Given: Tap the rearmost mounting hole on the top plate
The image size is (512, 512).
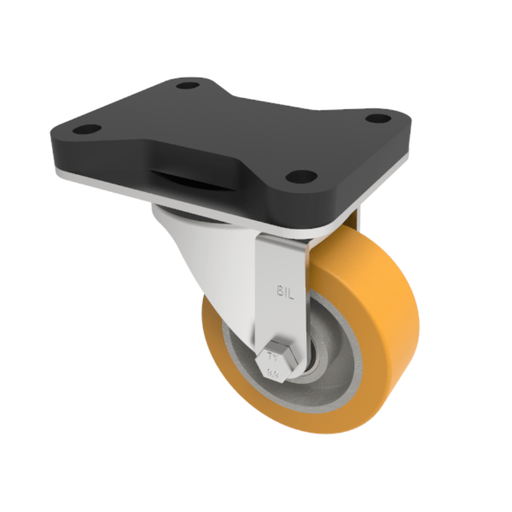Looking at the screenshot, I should (x=183, y=85).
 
